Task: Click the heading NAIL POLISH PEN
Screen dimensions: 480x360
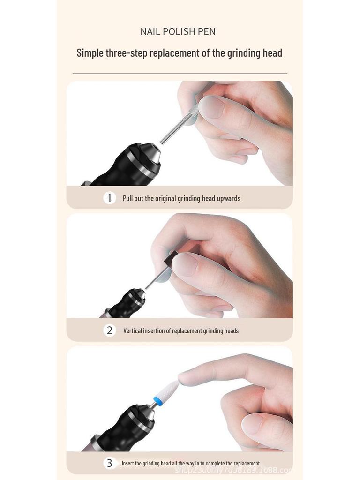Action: tap(178, 32)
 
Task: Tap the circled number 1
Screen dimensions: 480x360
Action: tap(109, 198)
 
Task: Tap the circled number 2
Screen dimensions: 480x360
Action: tap(109, 330)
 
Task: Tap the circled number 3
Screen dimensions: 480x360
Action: tap(109, 463)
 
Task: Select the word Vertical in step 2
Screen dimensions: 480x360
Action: tap(133, 331)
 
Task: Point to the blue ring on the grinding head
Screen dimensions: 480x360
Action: tap(158, 401)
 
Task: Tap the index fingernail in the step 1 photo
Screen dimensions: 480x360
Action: tap(211, 107)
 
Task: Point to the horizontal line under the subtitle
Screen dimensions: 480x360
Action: tap(180, 74)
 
